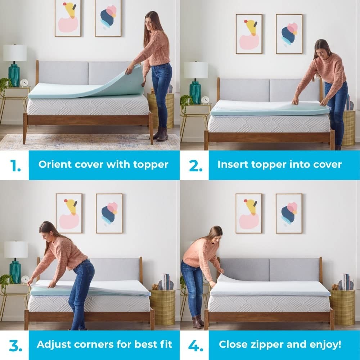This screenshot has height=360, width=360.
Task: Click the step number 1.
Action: pyautogui.click(x=15, y=165)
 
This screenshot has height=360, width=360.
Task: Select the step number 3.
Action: pyautogui.click(x=15, y=345)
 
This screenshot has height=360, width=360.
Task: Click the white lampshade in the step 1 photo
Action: pyautogui.click(x=15, y=53)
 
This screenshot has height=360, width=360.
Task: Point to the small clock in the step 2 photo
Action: pyautogui.click(x=205, y=100)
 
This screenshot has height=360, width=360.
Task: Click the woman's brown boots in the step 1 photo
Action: pyautogui.click(x=161, y=134)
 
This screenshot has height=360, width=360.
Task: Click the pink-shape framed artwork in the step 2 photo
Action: pyautogui.click(x=249, y=34)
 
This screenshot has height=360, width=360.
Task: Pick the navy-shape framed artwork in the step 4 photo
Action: pyautogui.click(x=289, y=213)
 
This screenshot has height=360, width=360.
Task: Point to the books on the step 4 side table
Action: pyautogui.click(x=346, y=281)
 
